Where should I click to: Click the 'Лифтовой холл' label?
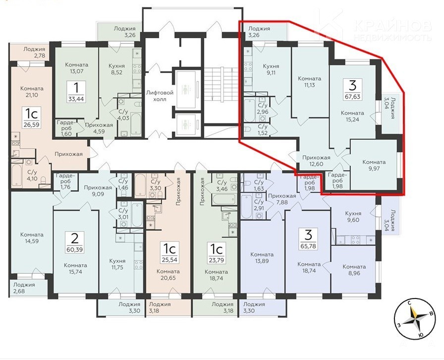pyautogui.click(x=160, y=96)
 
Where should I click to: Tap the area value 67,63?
pyautogui.click(x=352, y=96)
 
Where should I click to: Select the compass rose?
pyautogui.click(x=415, y=319)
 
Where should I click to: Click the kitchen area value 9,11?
pyautogui.click(x=271, y=72)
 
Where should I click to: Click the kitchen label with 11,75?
pyautogui.click(x=117, y=264)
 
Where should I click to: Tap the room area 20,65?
pyautogui.click(x=168, y=278)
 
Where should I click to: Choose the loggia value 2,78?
pyautogui.click(x=40, y=56)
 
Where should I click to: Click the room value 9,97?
pyautogui.click(x=374, y=169)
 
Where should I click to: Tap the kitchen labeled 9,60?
pyautogui.click(x=353, y=217)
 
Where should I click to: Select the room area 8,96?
pyautogui.click(x=354, y=273)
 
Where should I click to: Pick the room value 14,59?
pyautogui.click(x=32, y=241)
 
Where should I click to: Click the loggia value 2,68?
pyautogui.click(x=19, y=291)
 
